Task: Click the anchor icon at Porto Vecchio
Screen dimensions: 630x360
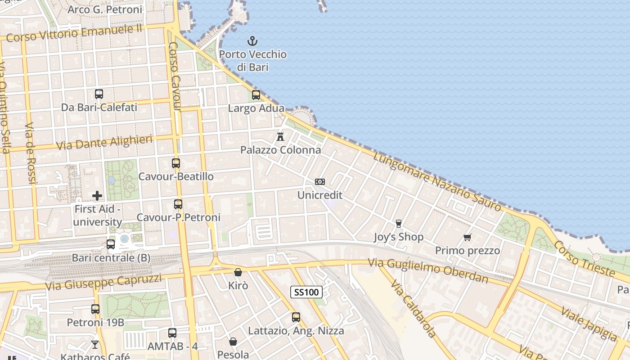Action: pyautogui.click(x=252, y=41)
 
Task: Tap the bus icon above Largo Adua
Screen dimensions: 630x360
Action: pyautogui.click(x=256, y=95)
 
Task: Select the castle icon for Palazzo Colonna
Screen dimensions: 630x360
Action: pyautogui.click(x=280, y=136)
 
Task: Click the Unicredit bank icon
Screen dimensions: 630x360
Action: pyautogui.click(x=320, y=182)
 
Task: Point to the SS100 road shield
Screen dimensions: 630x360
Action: pyautogui.click(x=306, y=292)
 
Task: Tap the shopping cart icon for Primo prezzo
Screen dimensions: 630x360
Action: pyautogui.click(x=468, y=237)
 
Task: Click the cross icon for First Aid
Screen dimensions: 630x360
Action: pyautogui.click(x=97, y=196)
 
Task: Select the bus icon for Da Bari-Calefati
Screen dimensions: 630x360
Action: pyautogui.click(x=99, y=94)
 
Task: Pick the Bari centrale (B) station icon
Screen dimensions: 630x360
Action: pyautogui.click(x=111, y=244)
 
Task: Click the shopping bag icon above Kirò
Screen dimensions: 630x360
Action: pyautogui.click(x=238, y=272)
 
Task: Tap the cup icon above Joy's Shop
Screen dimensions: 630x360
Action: pyautogui.click(x=398, y=223)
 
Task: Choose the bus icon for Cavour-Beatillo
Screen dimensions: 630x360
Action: pyautogui.click(x=176, y=163)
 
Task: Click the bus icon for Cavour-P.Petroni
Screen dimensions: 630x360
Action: pyautogui.click(x=178, y=204)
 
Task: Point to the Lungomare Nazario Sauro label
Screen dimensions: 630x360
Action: pyautogui.click(x=437, y=182)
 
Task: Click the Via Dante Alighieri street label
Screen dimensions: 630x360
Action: pyautogui.click(x=104, y=143)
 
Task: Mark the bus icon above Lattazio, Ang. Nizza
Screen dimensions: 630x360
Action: pyautogui.click(x=296, y=317)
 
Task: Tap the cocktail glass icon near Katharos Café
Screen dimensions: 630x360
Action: pyautogui.click(x=95, y=345)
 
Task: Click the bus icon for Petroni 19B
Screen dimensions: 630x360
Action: pyautogui.click(x=95, y=309)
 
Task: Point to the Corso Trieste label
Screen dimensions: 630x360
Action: pyautogui.click(x=584, y=258)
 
